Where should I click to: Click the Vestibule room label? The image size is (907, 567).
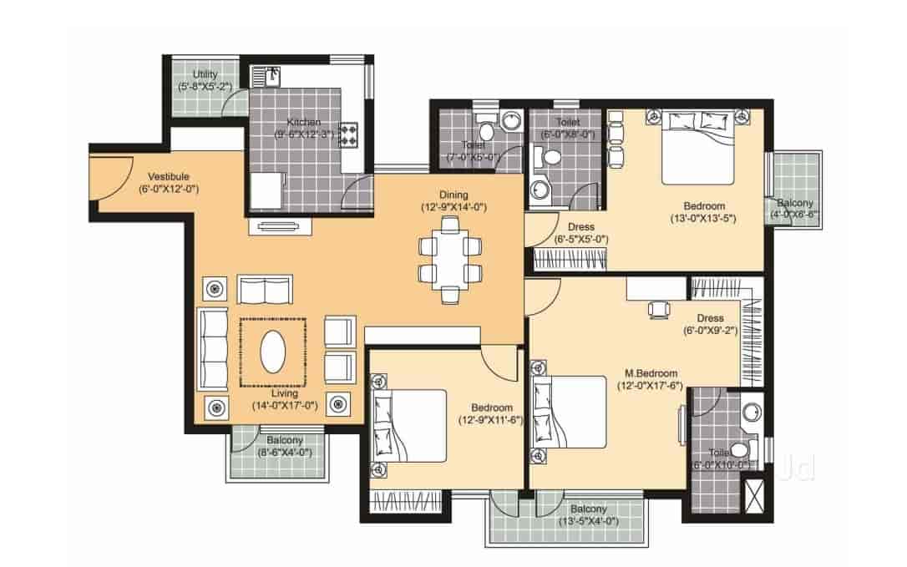pos(169,177)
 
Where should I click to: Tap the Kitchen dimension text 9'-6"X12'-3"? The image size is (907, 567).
pos(305,134)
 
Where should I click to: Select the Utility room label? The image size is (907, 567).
pos(205,74)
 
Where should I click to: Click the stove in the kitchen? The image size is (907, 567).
pos(349,134)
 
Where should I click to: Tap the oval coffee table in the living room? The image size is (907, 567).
pos(272,352)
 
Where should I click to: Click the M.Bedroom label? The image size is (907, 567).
pos(651,373)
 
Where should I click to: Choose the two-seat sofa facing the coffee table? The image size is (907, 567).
pos(265,289)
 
